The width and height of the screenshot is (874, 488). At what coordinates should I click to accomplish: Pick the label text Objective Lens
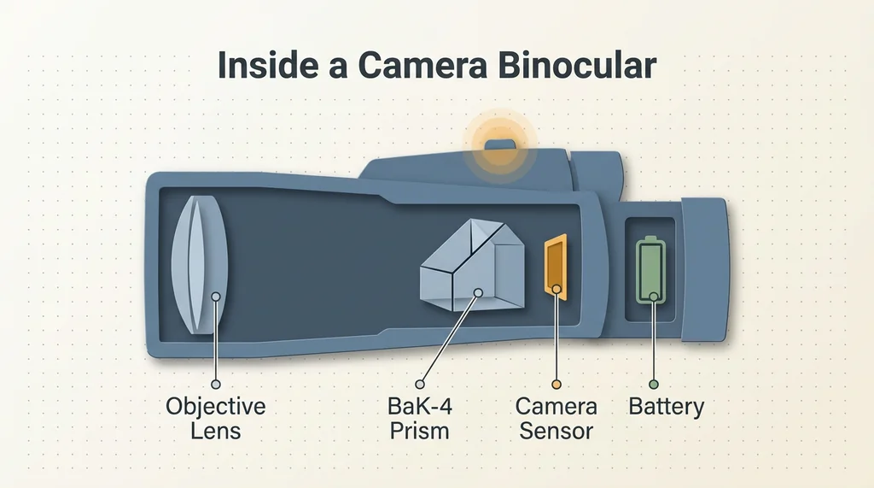pyautogui.click(x=215, y=418)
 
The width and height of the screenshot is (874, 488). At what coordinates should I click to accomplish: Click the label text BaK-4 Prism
pyautogui.click(x=420, y=418)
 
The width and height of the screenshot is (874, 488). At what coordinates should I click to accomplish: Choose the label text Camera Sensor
pyautogui.click(x=556, y=418)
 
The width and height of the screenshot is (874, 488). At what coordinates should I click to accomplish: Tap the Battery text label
pyautogui.click(x=666, y=406)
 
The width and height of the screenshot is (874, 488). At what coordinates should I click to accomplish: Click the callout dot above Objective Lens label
pyautogui.click(x=216, y=384)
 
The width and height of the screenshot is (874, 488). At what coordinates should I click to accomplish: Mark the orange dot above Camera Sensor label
pyautogui.click(x=556, y=384)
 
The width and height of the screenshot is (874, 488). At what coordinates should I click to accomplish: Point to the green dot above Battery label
pyautogui.click(x=654, y=384)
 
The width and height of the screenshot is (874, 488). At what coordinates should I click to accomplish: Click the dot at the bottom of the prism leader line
pyautogui.click(x=420, y=384)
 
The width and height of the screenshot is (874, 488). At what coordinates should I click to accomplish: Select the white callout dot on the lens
pyautogui.click(x=216, y=297)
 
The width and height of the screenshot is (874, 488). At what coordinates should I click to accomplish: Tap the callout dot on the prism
pyautogui.click(x=478, y=292)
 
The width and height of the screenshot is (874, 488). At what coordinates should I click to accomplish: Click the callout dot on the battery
pyautogui.click(x=654, y=297)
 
